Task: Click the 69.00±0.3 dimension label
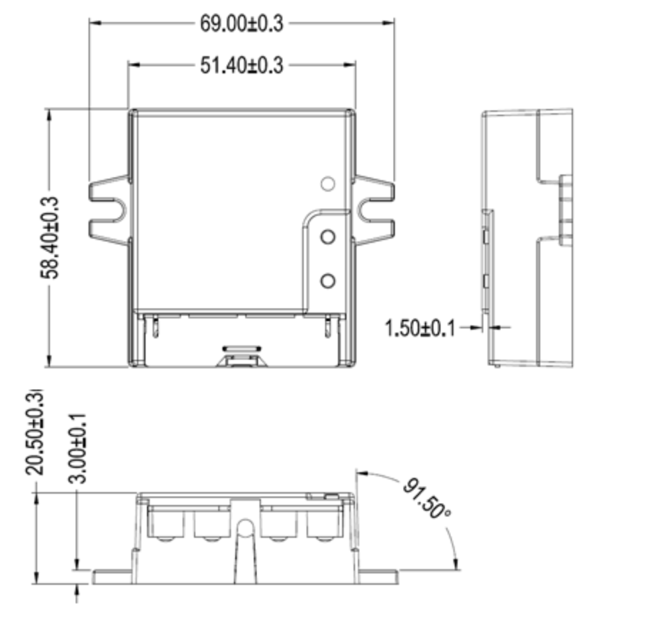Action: [241, 23]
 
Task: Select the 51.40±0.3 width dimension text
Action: [241, 65]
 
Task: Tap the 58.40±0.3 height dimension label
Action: [50, 237]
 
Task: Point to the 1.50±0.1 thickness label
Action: [420, 329]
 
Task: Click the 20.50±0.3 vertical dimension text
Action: [34, 432]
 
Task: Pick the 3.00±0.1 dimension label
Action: [77, 448]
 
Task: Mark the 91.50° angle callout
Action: [426, 499]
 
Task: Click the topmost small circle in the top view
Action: [328, 184]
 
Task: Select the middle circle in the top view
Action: [328, 237]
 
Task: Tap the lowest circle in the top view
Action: [328, 281]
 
